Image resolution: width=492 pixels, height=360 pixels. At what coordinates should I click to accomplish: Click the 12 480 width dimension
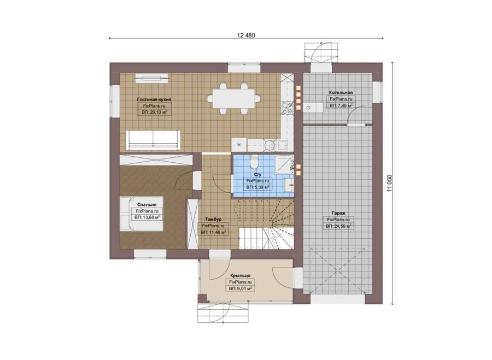point(246,35)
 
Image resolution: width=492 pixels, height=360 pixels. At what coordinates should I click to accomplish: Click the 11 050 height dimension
point(389,183)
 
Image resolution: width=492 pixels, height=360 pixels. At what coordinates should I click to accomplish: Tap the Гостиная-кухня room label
point(154,99)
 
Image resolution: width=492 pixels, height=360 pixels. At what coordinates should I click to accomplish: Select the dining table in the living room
point(233,98)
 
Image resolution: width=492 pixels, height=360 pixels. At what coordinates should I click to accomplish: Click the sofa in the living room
point(153,140)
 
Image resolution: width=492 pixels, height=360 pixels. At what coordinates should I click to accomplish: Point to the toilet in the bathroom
point(254,161)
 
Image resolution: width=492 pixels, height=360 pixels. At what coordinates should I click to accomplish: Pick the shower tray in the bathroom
point(284,164)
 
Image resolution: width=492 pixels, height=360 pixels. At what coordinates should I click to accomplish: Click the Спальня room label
point(147,205)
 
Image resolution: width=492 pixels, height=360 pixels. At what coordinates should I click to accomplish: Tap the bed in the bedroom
point(142,214)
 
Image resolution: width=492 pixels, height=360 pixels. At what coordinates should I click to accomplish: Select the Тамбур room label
point(213,219)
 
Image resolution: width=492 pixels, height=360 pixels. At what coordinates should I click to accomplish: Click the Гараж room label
point(338,213)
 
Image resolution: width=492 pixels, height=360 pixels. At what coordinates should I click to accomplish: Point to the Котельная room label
point(341,92)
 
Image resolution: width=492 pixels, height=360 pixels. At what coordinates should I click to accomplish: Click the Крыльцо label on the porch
point(241,275)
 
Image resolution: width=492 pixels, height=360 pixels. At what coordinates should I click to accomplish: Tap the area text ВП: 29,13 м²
point(154,112)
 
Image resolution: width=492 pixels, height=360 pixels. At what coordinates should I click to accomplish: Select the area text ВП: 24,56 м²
point(338,226)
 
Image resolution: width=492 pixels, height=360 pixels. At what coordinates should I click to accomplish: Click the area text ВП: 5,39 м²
point(257,187)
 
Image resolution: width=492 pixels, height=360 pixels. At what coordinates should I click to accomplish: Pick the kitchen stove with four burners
point(288,108)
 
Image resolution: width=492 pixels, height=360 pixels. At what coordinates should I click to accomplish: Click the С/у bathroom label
point(257,175)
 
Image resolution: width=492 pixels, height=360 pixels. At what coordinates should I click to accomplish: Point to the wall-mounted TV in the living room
point(152,78)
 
